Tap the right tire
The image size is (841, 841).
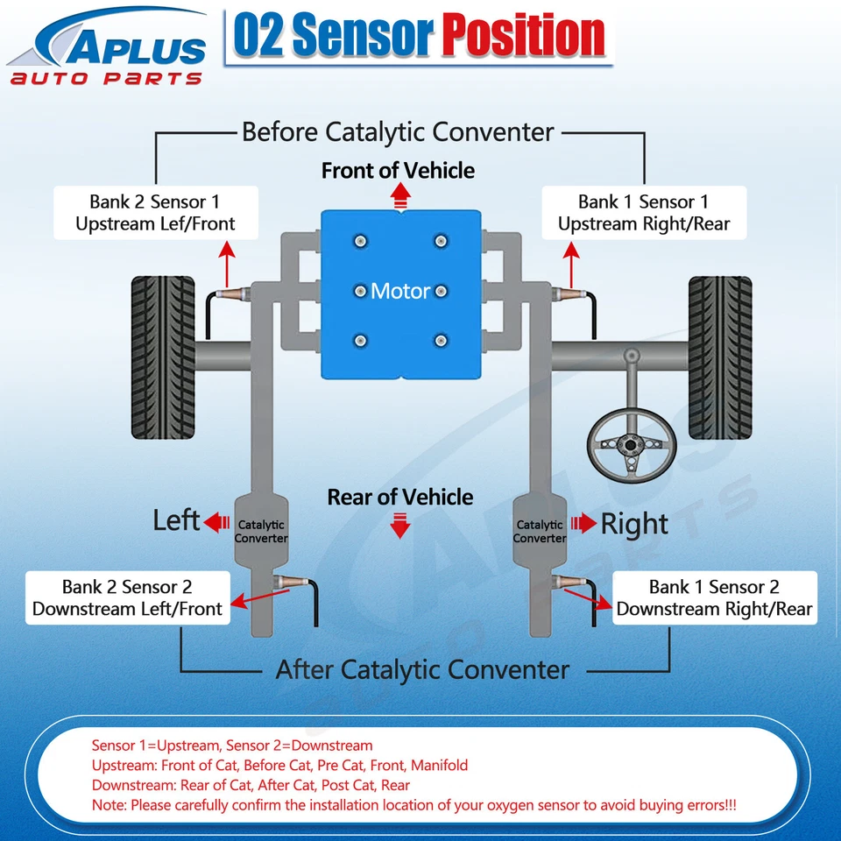pyautogui.click(x=719, y=345)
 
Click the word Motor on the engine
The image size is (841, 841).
pyautogui.click(x=400, y=291)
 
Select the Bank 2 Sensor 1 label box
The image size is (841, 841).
pyautogui.click(x=155, y=213)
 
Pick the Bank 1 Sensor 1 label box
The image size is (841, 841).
pyautogui.click(x=644, y=213)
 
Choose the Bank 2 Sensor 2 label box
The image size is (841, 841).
pyautogui.click(x=128, y=598)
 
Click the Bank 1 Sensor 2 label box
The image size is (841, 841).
pyautogui.click(x=714, y=598)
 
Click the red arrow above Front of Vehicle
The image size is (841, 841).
pyautogui.click(x=400, y=194)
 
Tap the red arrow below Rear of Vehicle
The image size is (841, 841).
pyautogui.click(x=400, y=527)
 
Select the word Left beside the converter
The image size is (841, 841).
pyautogui.click(x=176, y=520)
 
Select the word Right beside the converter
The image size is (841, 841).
pyautogui.click(x=634, y=524)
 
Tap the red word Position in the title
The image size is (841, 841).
pyautogui.click(x=523, y=36)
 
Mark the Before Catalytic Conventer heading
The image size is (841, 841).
pyautogui.click(x=398, y=132)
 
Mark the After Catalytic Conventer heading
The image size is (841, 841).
pyautogui.click(x=422, y=670)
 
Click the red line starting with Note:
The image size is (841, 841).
pyautogui.click(x=413, y=804)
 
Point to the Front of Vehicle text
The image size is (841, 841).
pyautogui.click(x=398, y=170)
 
